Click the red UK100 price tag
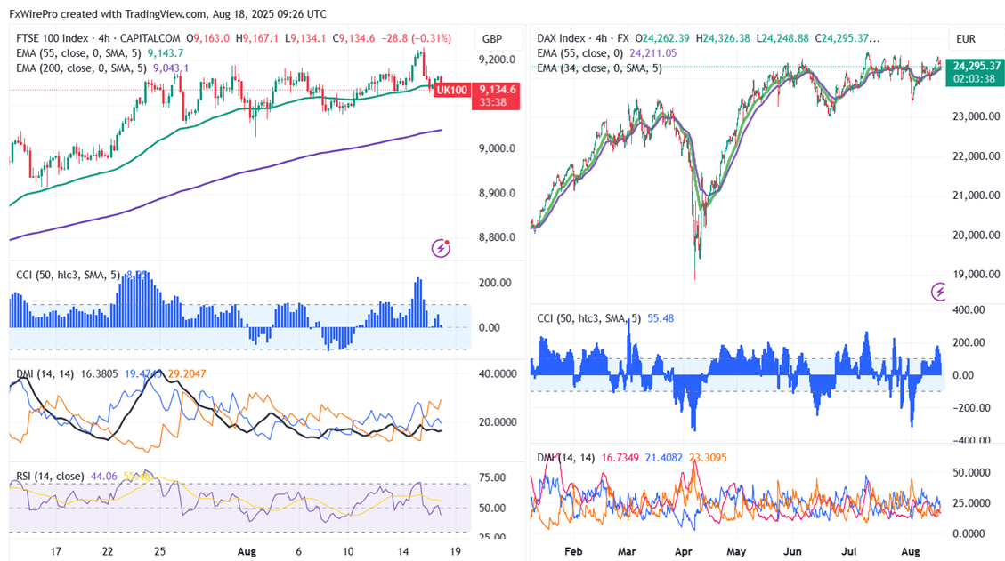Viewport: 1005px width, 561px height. [452, 90]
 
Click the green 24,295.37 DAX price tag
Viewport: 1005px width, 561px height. [977, 66]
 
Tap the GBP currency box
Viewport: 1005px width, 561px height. [491, 39]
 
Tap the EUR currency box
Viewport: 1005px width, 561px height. [967, 39]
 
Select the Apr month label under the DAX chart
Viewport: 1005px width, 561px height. [685, 551]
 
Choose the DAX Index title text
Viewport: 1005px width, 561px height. [562, 38]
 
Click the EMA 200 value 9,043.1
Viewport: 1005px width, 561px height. [171, 67]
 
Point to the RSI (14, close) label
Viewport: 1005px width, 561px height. [47, 477]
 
